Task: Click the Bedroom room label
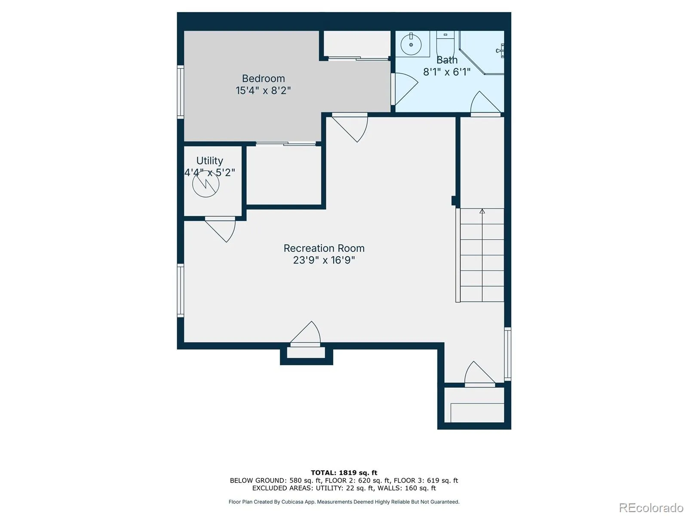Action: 263,78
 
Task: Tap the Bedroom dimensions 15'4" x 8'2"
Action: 263,91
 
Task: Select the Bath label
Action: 447,60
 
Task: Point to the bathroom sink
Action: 411,44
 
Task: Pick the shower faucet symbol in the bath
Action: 500,50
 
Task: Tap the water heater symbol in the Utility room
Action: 206,184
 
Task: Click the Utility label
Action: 209,161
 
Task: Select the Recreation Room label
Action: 324,248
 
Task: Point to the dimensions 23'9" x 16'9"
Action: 324,260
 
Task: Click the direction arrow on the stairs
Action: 482,211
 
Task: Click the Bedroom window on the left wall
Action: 181,92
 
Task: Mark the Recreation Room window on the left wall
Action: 181,290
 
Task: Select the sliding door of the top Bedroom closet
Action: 358,58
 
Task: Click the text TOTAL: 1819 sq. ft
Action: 344,473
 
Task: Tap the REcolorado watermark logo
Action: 651,507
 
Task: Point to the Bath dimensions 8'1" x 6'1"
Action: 447,72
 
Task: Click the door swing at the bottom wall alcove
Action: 305,334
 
